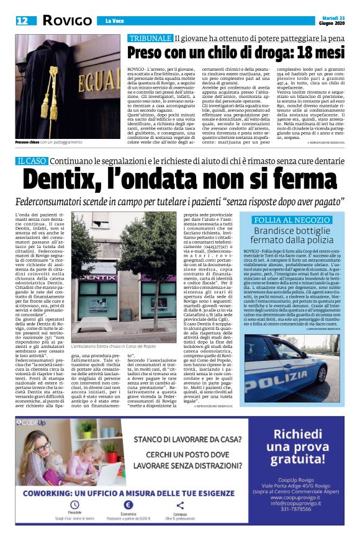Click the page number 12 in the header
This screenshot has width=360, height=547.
(x=22, y=21)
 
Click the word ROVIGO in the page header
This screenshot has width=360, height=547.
(x=68, y=21)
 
